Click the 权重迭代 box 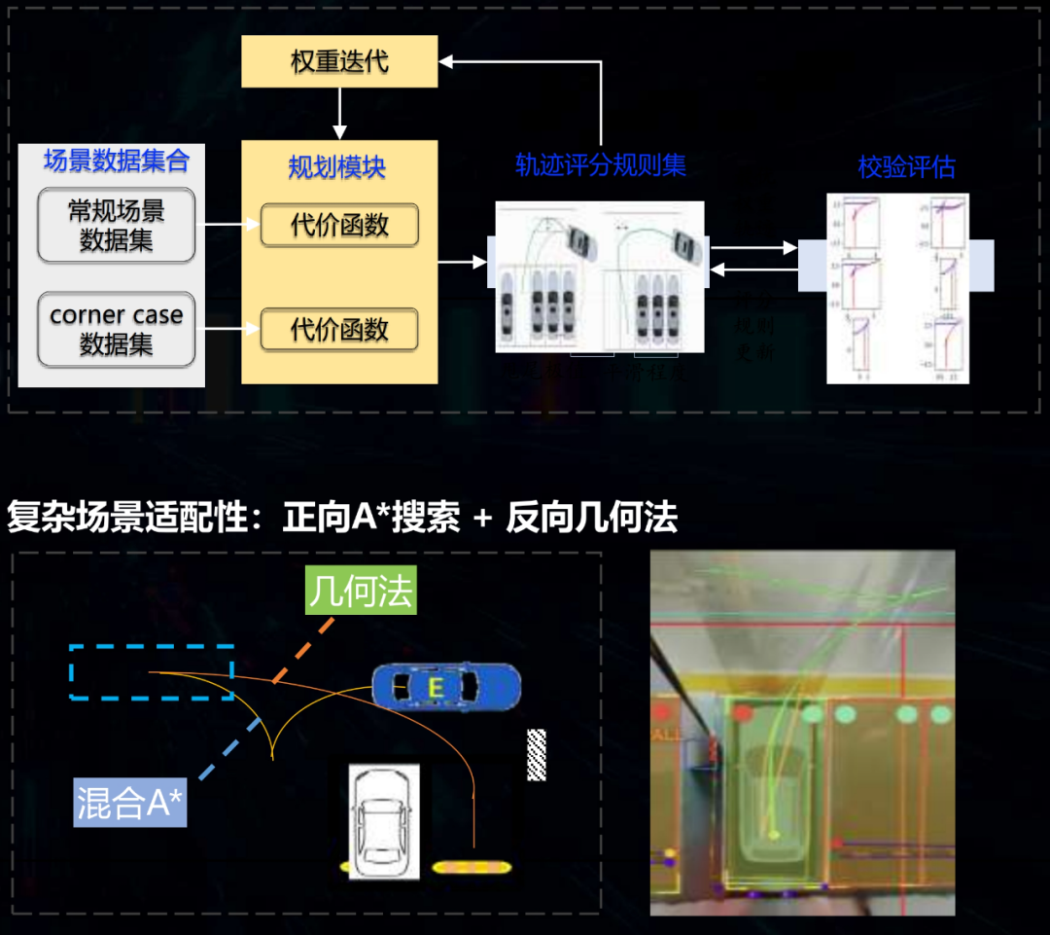339,62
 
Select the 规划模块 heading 337,166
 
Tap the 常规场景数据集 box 117,226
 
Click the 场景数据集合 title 116,161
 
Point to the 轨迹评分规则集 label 600,165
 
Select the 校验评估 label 906,167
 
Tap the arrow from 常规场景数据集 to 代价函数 227,226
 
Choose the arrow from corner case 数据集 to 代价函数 227,330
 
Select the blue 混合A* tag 130,804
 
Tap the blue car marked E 446,688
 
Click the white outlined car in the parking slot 384,822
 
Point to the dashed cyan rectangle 151,672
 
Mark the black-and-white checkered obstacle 536,754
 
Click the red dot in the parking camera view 744,713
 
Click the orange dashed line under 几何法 304,649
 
